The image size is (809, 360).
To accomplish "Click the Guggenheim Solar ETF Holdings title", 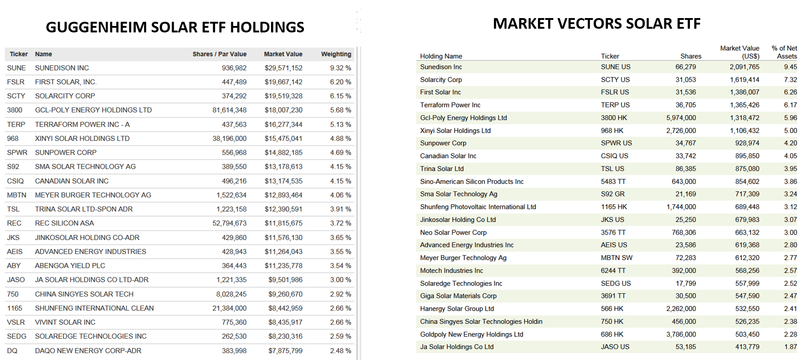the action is point(175,27).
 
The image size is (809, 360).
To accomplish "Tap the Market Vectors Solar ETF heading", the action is point(597,24).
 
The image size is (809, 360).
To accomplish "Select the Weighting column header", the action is point(336,54).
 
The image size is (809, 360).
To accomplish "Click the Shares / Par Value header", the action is point(220,54).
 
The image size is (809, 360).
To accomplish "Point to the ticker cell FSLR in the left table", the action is point(16,82).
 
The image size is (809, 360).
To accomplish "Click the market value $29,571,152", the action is point(284,68).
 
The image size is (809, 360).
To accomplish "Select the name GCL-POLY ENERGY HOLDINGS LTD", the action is point(94,110).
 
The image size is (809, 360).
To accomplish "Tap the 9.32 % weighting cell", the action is point(341,68).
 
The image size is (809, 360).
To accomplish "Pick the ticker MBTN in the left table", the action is point(17,195).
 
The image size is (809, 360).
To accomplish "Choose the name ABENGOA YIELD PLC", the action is point(70,266).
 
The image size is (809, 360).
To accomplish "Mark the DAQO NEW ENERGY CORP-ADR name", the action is point(88,351).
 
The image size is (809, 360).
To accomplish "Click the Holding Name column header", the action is point(441,56).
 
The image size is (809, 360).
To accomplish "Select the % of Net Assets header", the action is point(784,52).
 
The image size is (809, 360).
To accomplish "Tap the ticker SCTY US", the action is point(615,80).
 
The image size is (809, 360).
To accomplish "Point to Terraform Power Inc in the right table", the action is point(450,105).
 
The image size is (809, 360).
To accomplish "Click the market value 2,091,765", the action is point(745,67).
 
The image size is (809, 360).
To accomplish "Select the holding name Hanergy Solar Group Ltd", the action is point(457,309).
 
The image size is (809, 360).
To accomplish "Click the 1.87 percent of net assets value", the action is point(790,347).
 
